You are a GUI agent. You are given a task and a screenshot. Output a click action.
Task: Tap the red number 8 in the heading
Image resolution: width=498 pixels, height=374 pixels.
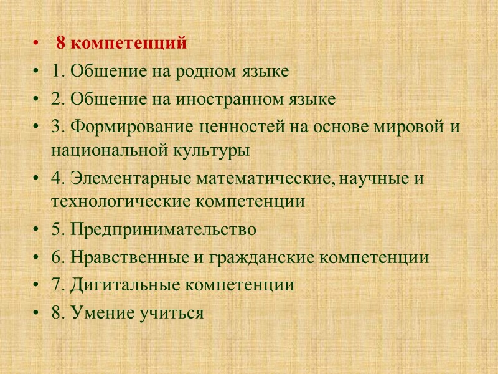pyautogui.click(x=60, y=44)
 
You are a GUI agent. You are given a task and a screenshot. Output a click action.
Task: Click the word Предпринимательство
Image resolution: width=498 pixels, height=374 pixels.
pyautogui.click(x=163, y=230)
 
